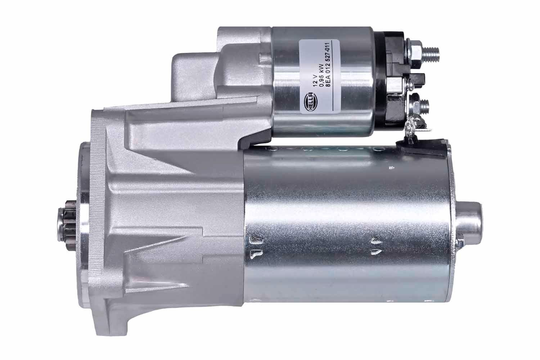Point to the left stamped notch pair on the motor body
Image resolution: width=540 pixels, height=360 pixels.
[x=255, y=246]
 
